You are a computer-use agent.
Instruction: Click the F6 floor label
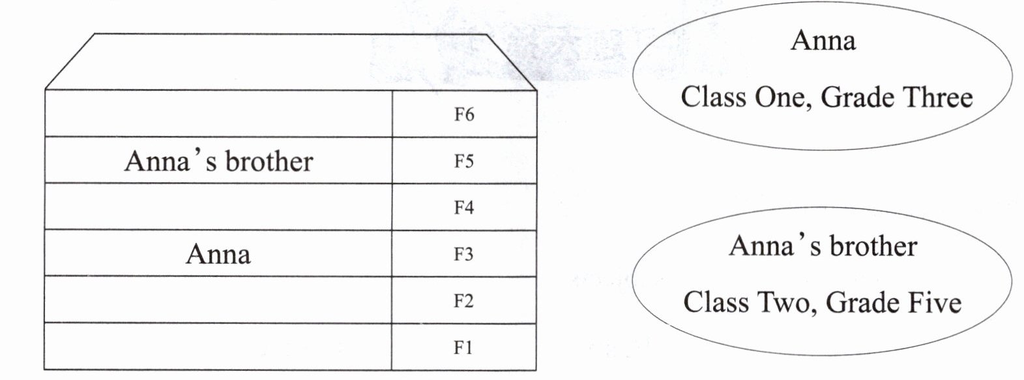click(x=464, y=115)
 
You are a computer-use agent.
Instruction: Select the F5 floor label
click(x=464, y=161)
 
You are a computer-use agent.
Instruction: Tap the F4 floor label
click(x=464, y=208)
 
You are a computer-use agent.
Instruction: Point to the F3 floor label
click(x=464, y=254)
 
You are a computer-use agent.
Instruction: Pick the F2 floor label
click(x=464, y=301)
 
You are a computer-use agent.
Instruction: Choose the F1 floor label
click(x=464, y=347)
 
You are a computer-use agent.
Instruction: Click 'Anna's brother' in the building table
click(x=218, y=161)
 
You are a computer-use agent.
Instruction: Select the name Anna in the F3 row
click(x=218, y=254)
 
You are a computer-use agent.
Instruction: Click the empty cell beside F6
click(x=218, y=114)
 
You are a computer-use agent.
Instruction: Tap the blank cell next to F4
click(x=218, y=207)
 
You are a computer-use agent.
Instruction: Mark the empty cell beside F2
click(x=218, y=300)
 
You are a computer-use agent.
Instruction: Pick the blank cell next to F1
click(x=218, y=347)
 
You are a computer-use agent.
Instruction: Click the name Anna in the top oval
click(x=823, y=40)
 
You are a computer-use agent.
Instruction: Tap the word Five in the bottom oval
click(x=934, y=303)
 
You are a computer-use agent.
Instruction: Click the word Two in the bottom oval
click(x=785, y=303)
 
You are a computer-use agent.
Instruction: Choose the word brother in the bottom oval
click(x=873, y=246)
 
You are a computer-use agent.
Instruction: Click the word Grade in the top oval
click(x=856, y=98)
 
